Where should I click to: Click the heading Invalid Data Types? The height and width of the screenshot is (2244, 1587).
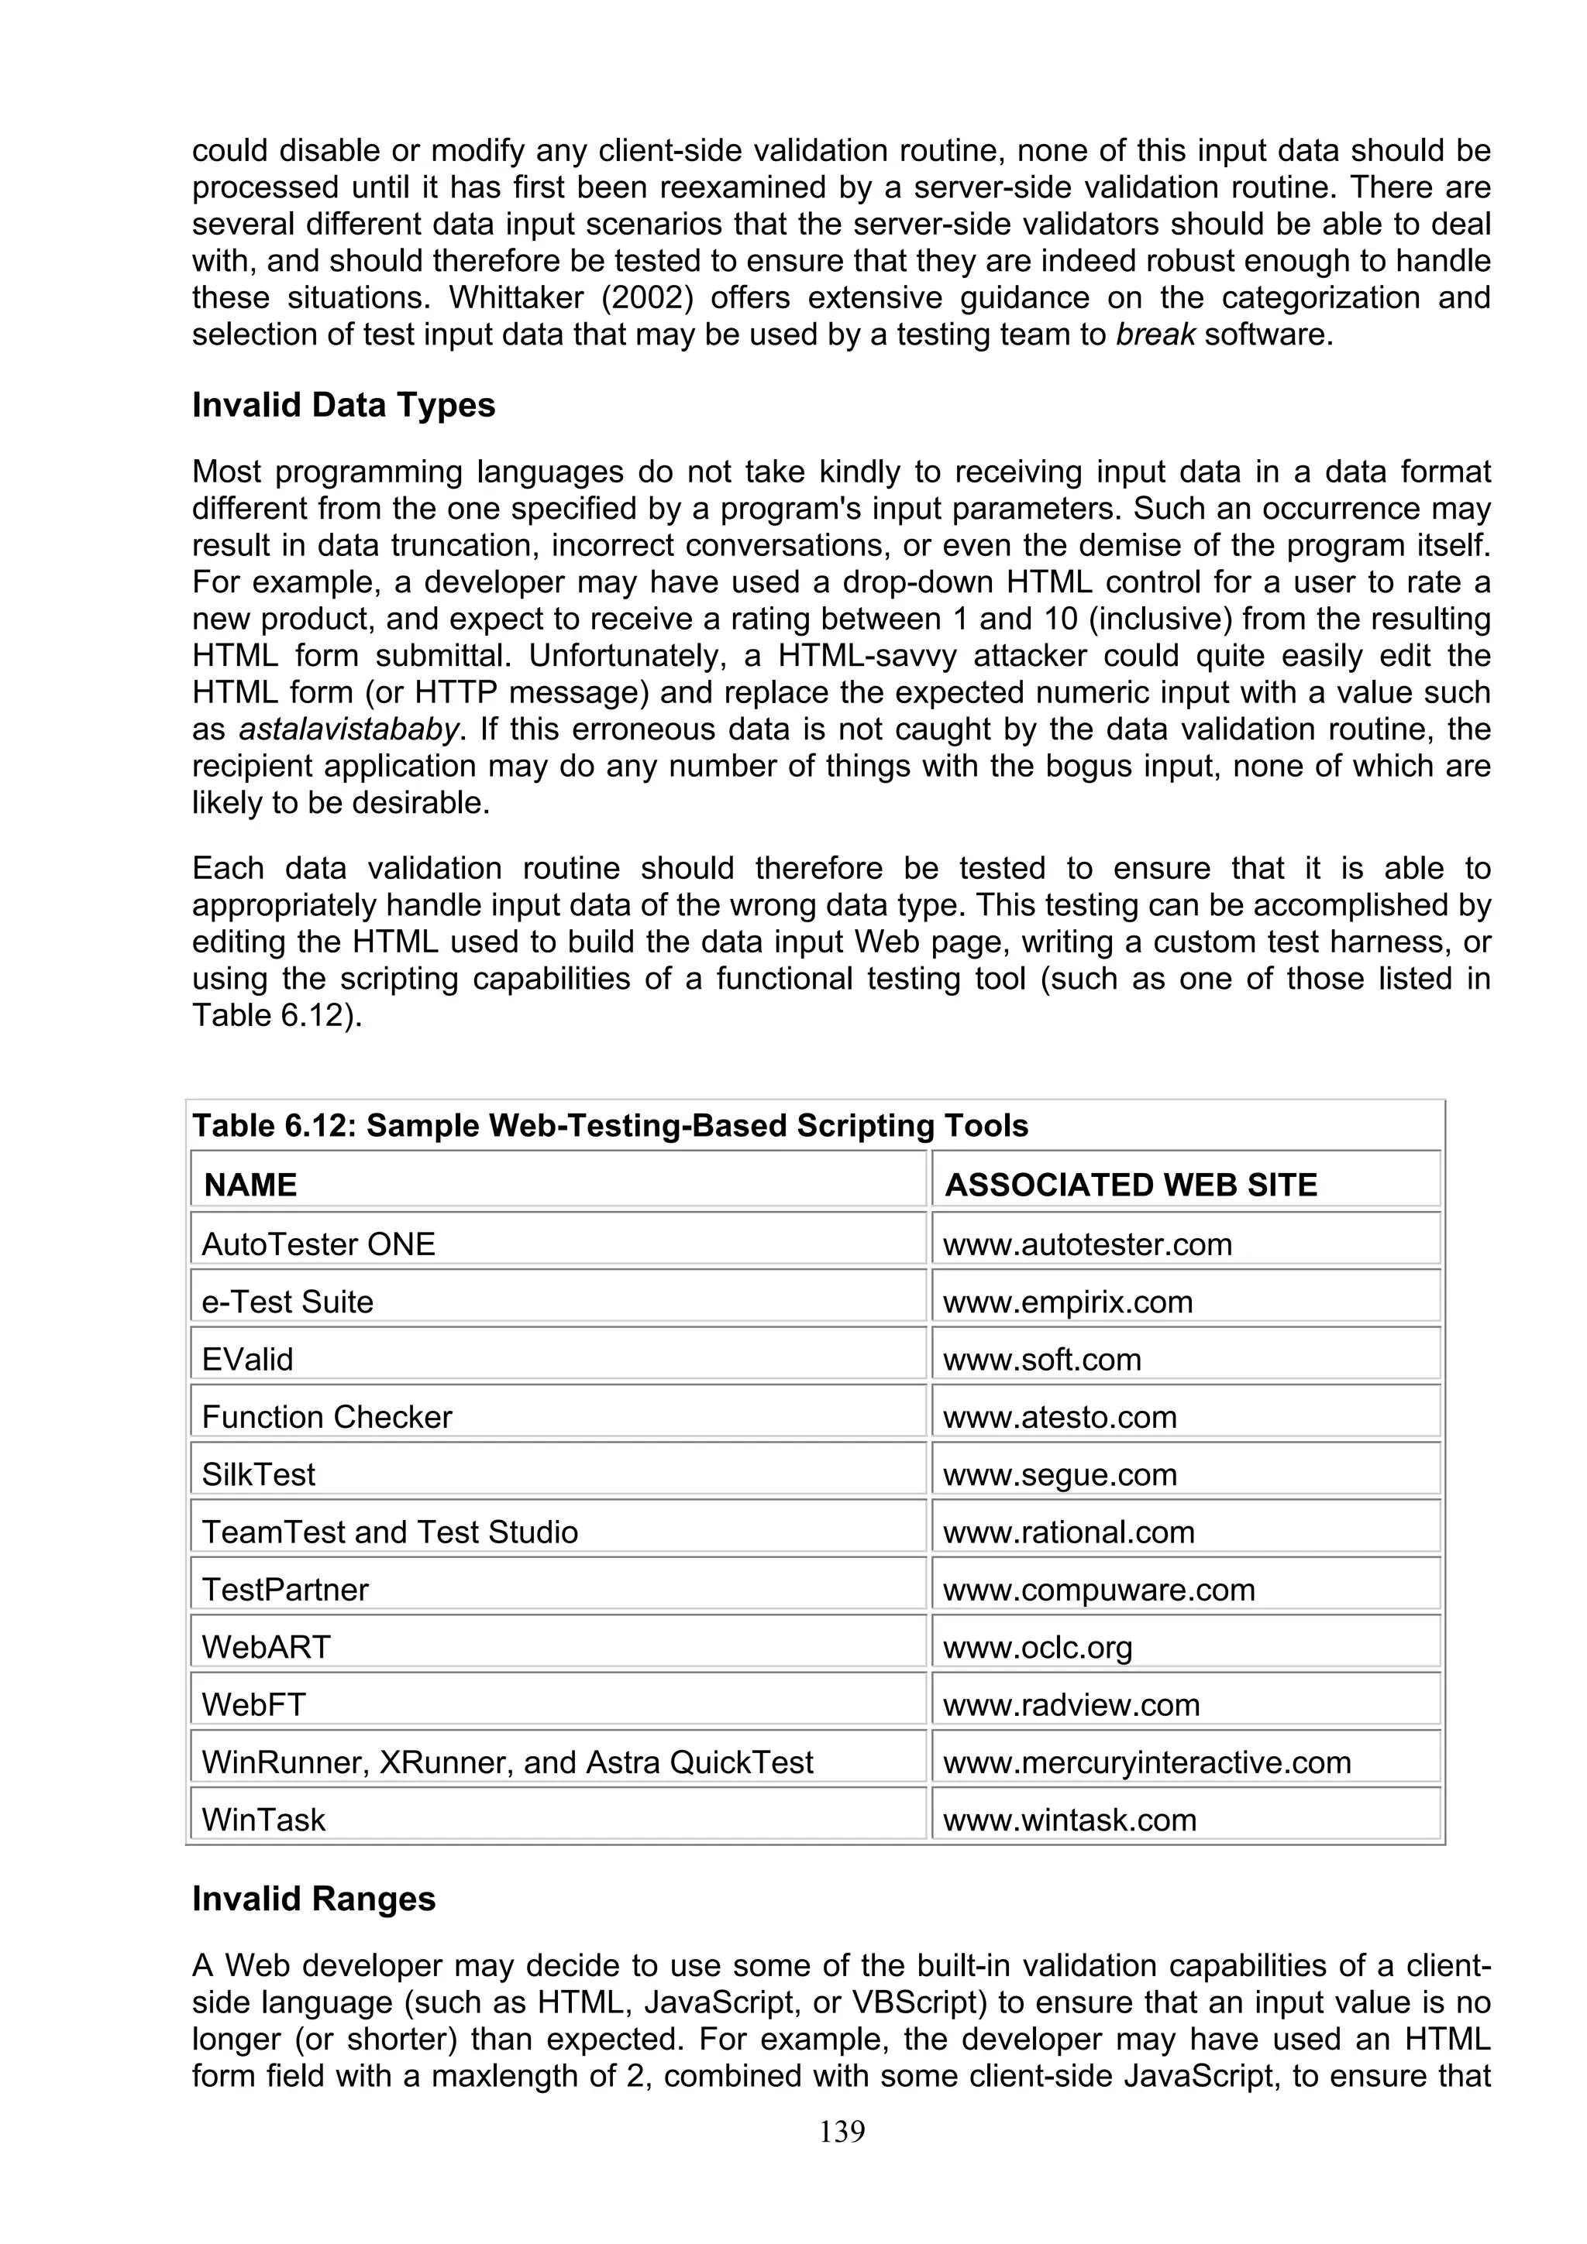point(343,405)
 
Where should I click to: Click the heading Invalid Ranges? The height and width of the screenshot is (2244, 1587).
point(314,1898)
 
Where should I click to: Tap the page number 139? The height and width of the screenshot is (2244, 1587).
point(842,2132)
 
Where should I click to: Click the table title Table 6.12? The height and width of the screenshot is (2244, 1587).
point(610,1126)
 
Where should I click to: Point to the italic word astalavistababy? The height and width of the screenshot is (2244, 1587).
point(348,729)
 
